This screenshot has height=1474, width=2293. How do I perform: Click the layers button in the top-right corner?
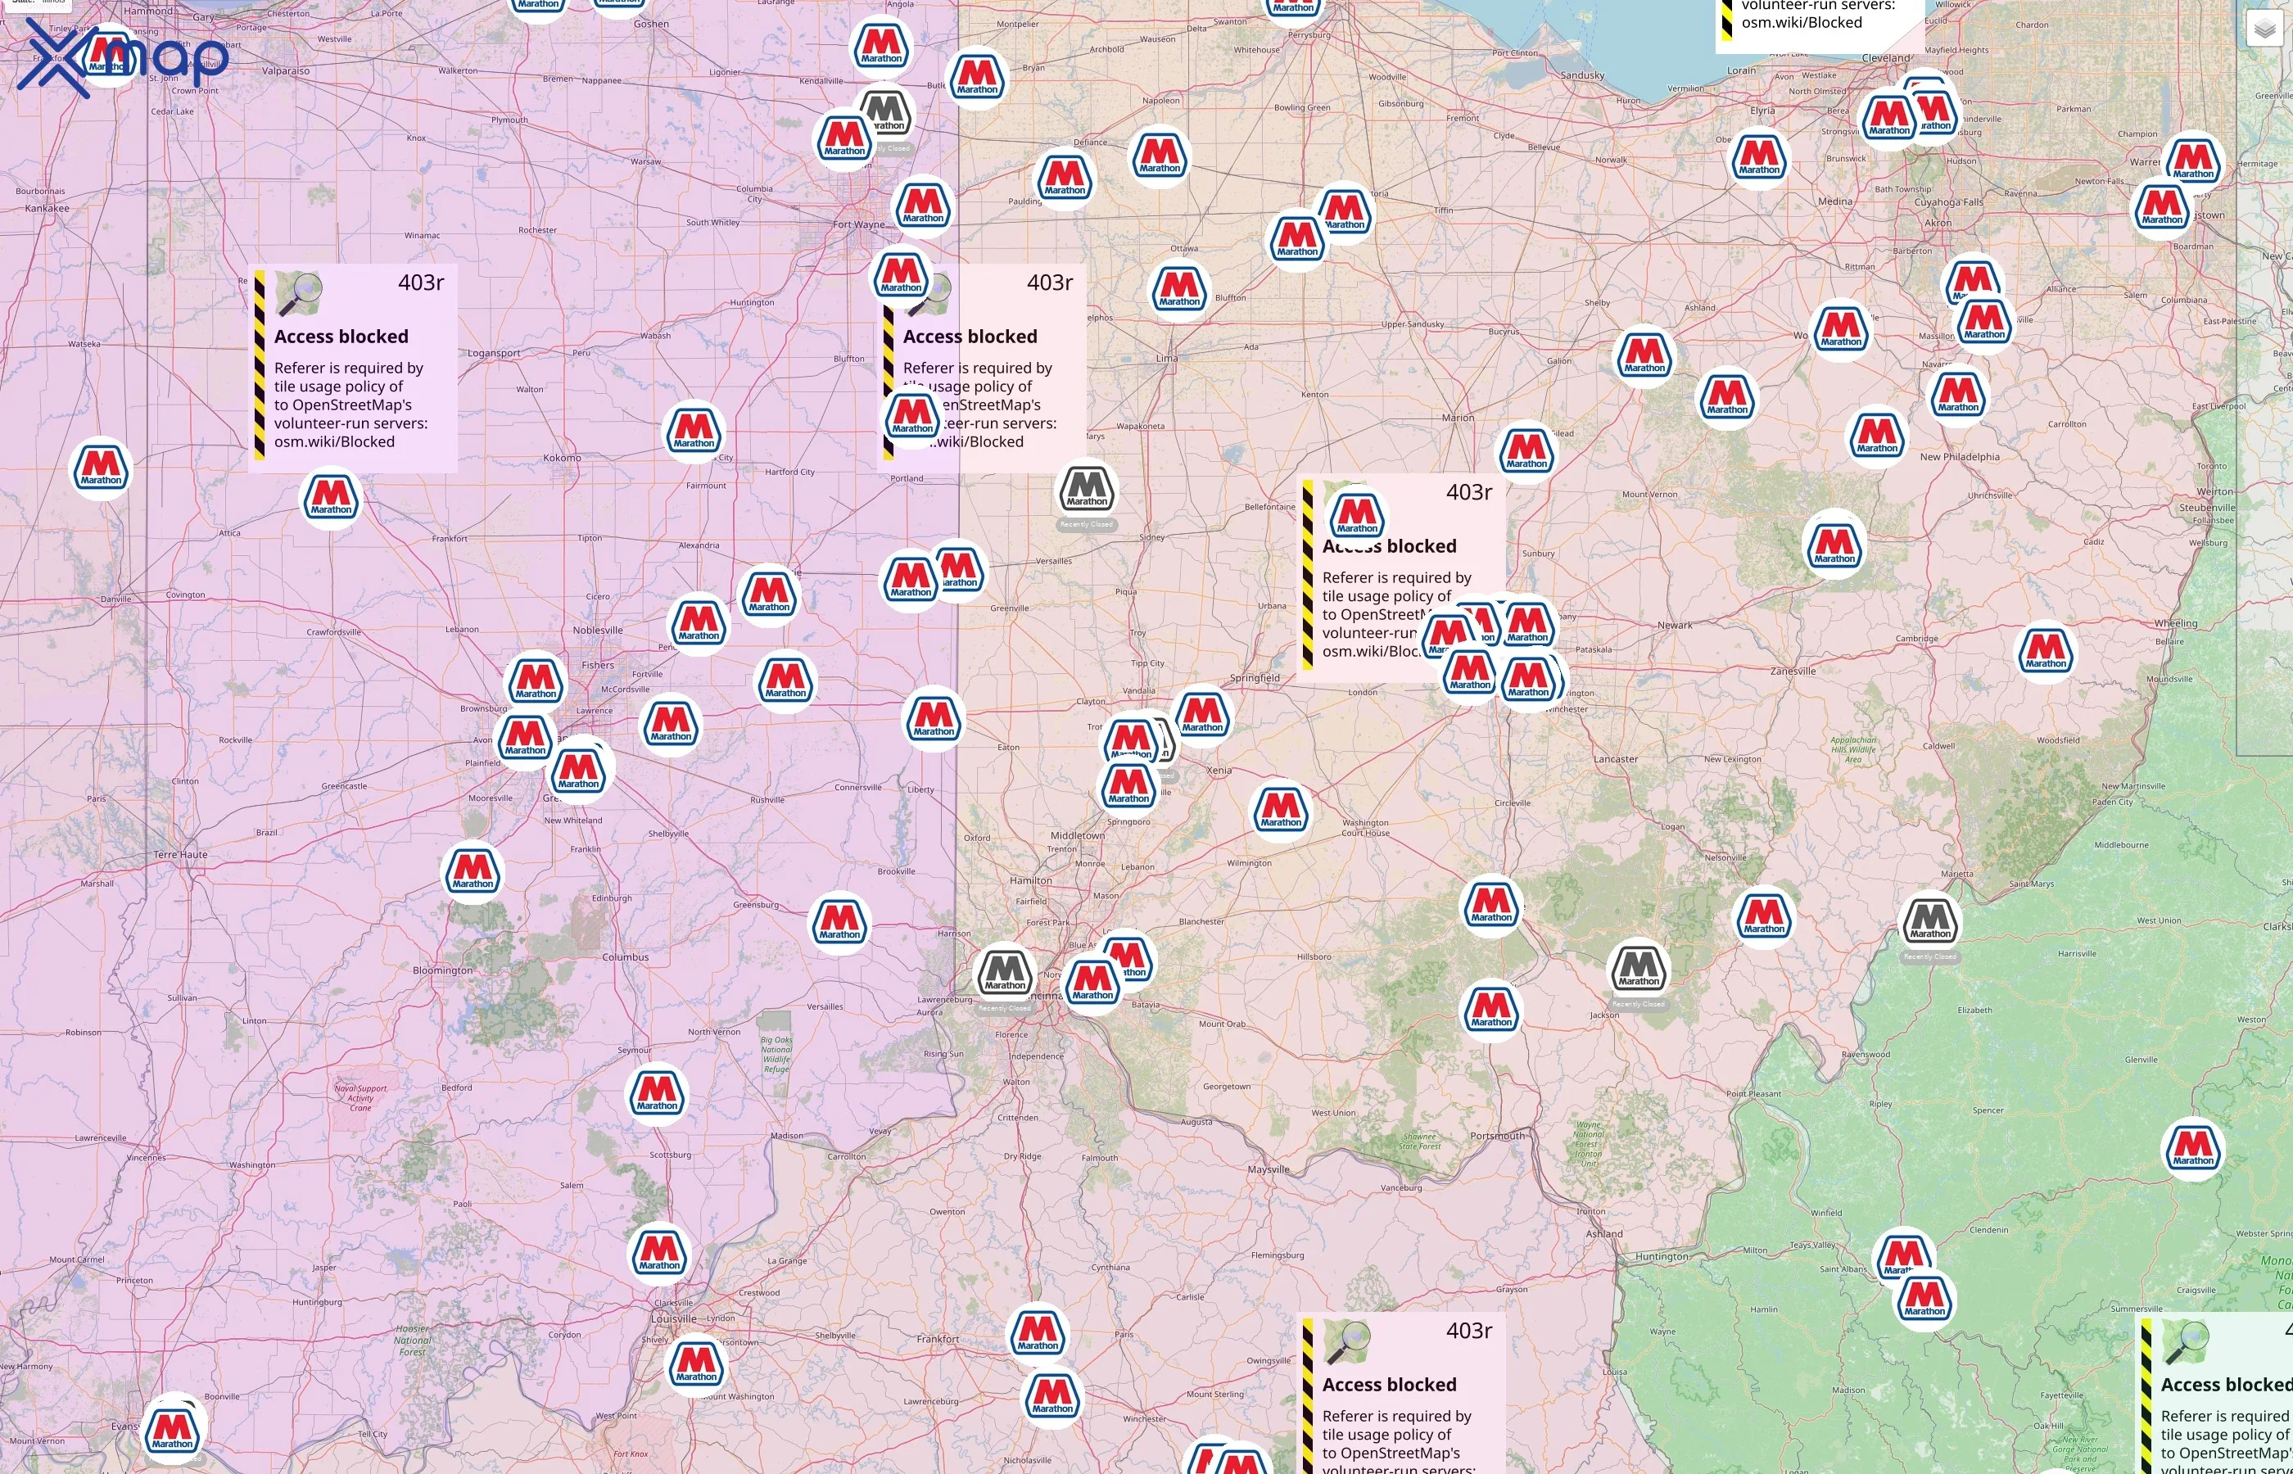pyautogui.click(x=2264, y=29)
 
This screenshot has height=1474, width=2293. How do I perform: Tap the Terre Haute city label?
pyautogui.click(x=180, y=855)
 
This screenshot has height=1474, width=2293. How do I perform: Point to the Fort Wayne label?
pyautogui.click(x=858, y=225)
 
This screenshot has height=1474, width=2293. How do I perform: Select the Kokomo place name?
pyautogui.click(x=562, y=458)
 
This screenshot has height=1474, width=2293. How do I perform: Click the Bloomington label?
pyautogui.click(x=442, y=970)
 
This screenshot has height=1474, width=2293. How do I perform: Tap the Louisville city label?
pyautogui.click(x=674, y=1318)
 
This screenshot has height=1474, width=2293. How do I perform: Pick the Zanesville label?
pyautogui.click(x=1793, y=671)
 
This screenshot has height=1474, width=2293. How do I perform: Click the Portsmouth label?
pyautogui.click(x=1497, y=1136)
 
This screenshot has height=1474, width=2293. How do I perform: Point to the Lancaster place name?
pyautogui.click(x=1616, y=759)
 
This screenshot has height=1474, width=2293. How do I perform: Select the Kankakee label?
pyautogui.click(x=47, y=208)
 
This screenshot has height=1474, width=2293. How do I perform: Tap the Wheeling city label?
pyautogui.click(x=2175, y=623)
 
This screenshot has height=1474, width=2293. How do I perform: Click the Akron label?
pyautogui.click(x=1938, y=223)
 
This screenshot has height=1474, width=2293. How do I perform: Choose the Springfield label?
pyautogui.click(x=1255, y=678)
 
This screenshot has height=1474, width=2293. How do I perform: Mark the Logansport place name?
pyautogui.click(x=494, y=353)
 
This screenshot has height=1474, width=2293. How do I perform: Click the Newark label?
pyautogui.click(x=1675, y=625)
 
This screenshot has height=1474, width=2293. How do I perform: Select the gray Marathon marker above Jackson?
pyautogui.click(x=1639, y=969)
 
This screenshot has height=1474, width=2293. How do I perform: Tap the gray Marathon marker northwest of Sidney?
pyautogui.click(x=1086, y=489)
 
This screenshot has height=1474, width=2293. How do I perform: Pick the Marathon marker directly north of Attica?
pyautogui.click(x=331, y=498)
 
